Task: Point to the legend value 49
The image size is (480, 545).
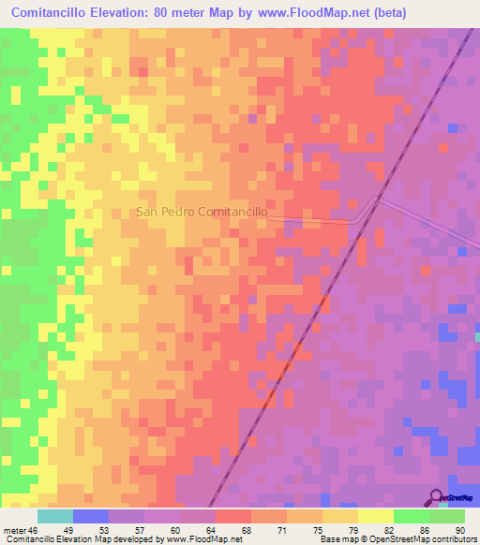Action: tap(92, 529)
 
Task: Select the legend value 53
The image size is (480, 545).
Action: tap(127, 529)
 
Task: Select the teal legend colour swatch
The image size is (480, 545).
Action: tap(55, 516)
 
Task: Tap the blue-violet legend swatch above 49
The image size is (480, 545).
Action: tap(91, 516)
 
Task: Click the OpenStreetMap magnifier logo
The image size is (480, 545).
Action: tap(437, 496)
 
